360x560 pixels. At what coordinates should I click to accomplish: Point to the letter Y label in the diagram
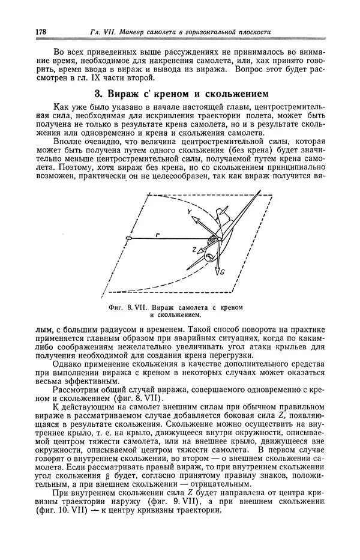(189, 212)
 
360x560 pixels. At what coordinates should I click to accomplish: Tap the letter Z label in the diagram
(194, 248)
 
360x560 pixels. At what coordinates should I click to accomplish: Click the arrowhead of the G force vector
(219, 271)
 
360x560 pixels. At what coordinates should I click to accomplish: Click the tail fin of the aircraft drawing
(224, 212)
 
